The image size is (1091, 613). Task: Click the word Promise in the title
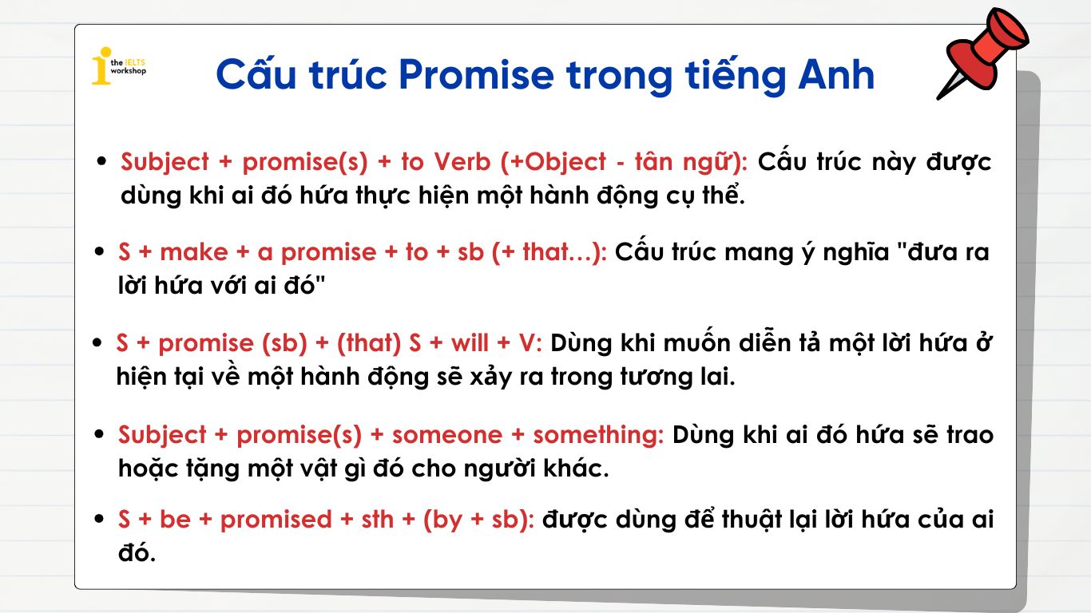[476, 75]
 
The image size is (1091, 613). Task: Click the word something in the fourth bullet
[597, 436]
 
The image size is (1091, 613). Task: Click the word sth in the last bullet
[377, 520]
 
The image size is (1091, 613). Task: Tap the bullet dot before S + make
[100, 251]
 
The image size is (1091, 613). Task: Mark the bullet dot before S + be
[100, 519]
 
